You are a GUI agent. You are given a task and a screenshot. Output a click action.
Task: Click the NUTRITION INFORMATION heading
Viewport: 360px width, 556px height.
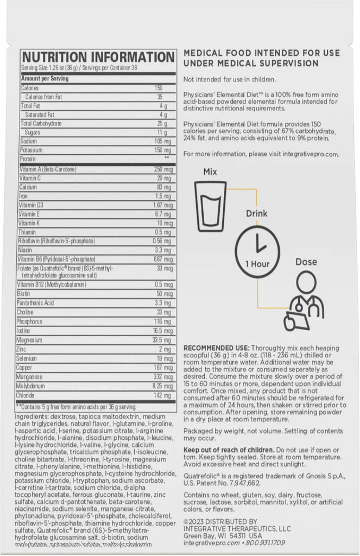click(x=98, y=57)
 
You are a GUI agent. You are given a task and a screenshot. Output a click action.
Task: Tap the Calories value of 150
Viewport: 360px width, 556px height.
click(x=158, y=87)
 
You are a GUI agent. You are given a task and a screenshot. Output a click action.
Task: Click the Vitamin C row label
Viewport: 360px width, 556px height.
click(x=30, y=178)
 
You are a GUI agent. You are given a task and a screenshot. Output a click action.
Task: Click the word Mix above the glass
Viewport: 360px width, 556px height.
click(x=210, y=172)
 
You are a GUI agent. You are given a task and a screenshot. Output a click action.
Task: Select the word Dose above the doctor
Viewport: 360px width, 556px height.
click(x=306, y=262)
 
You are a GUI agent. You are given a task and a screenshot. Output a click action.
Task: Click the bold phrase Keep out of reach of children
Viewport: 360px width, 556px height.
click(x=228, y=450)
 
